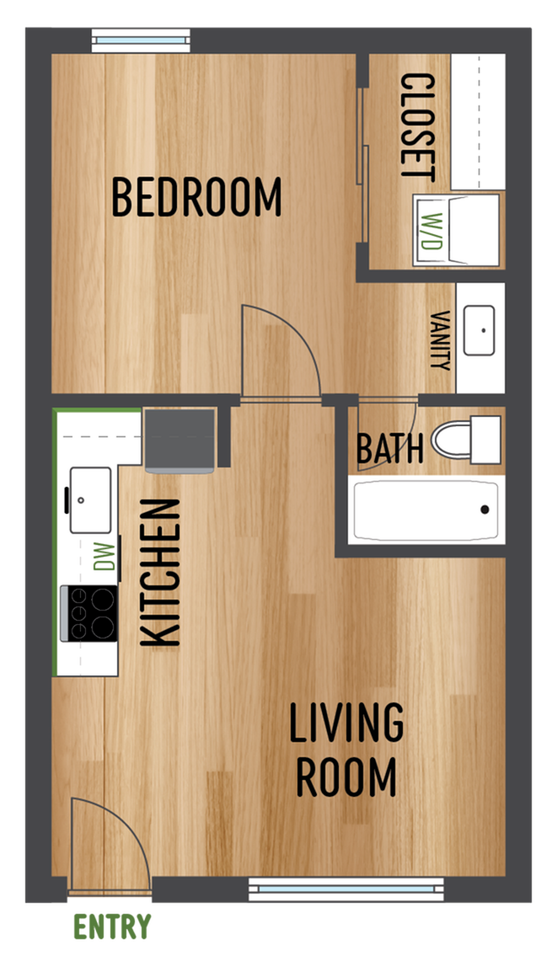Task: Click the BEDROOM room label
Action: [x=196, y=197]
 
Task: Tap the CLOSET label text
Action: [x=417, y=127]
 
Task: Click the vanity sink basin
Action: [x=480, y=331]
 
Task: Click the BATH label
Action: [x=389, y=449]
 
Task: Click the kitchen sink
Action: [x=90, y=500]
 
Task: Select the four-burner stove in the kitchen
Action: [x=89, y=613]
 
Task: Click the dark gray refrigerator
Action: [x=181, y=438]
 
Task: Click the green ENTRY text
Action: [x=112, y=927]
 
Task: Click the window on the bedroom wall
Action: [x=141, y=41]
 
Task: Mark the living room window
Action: [x=346, y=888]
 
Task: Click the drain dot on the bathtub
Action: [x=485, y=510]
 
